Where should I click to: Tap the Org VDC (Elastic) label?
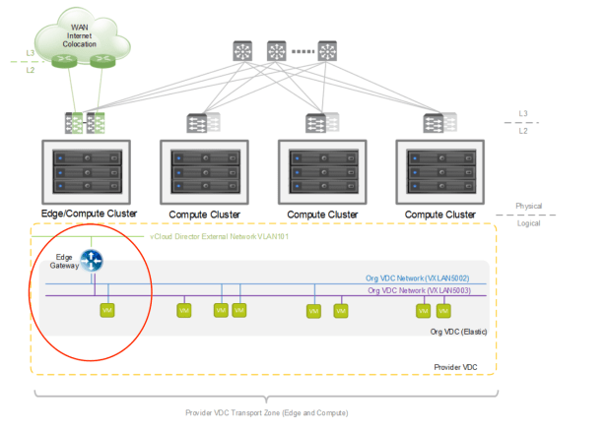tap(459, 333)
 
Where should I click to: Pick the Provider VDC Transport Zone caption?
tap(266, 412)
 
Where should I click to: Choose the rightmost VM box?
tap(443, 310)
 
